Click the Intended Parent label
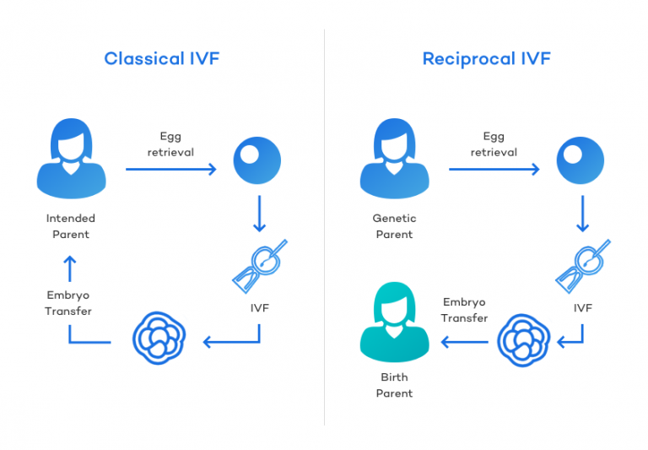71,225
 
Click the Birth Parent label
394,386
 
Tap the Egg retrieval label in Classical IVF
170,144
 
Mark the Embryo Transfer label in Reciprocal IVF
464,310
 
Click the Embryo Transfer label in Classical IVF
68,302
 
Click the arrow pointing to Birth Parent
464,342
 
